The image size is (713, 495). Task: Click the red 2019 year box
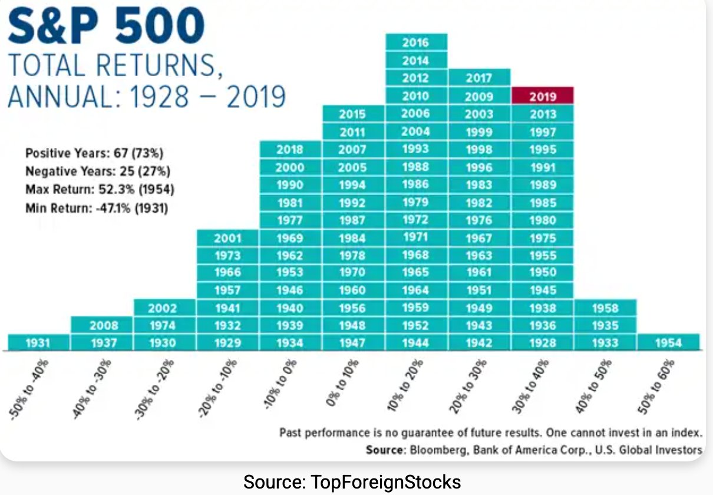pyautogui.click(x=543, y=96)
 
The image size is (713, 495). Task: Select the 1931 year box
pyautogui.click(x=39, y=343)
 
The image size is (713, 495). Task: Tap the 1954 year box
pyautogui.click(x=668, y=343)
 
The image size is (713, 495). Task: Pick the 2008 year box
pyautogui.click(x=104, y=325)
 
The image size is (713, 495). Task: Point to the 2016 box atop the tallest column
pyautogui.click(x=416, y=42)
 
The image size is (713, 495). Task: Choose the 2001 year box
pyautogui.click(x=227, y=238)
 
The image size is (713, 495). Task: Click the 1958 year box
pyautogui.click(x=605, y=308)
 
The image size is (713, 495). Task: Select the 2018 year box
pyautogui.click(x=290, y=150)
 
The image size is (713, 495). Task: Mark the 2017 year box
pyautogui.click(x=478, y=78)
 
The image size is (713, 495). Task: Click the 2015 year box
pyautogui.click(x=352, y=114)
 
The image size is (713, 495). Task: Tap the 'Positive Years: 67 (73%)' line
pyautogui.click(x=94, y=154)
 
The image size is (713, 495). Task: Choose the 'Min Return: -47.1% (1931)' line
pyautogui.click(x=97, y=208)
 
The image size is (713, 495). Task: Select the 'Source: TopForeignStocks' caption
pyautogui.click(x=352, y=482)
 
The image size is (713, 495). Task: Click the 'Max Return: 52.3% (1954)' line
pyautogui.click(x=100, y=190)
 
